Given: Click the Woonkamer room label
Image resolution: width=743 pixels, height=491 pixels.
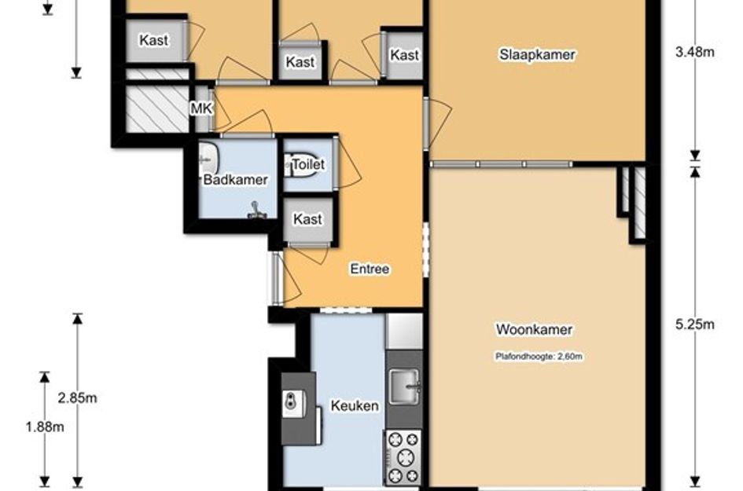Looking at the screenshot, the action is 534,329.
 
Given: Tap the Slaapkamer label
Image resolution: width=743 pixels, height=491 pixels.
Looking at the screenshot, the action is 537,54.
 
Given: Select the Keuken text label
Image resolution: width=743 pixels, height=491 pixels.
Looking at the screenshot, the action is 355,406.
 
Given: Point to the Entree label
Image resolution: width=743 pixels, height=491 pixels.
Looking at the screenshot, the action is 370,269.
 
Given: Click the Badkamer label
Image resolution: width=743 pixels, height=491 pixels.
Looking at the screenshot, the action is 236,179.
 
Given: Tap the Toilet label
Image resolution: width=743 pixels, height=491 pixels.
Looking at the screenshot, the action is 308,164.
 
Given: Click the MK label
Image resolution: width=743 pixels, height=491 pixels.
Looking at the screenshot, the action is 201,108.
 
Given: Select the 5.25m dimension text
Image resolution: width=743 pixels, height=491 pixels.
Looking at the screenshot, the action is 695,324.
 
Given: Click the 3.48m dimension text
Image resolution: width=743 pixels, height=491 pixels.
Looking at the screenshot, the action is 695,52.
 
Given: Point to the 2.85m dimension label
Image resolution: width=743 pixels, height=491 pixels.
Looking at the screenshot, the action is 78,398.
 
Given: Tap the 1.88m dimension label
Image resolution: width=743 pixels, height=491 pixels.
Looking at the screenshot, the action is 45,427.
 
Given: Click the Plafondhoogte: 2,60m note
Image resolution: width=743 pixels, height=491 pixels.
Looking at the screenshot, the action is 539,356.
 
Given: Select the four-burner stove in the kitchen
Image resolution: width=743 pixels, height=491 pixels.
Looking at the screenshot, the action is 403,457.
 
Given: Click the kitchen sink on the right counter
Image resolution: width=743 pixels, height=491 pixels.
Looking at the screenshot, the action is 405,387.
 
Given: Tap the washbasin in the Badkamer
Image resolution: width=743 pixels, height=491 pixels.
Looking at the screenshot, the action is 208,159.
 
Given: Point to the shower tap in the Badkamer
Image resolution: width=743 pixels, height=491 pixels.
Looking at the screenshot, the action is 256,211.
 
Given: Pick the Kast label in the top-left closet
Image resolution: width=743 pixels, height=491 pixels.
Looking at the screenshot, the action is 154,40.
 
